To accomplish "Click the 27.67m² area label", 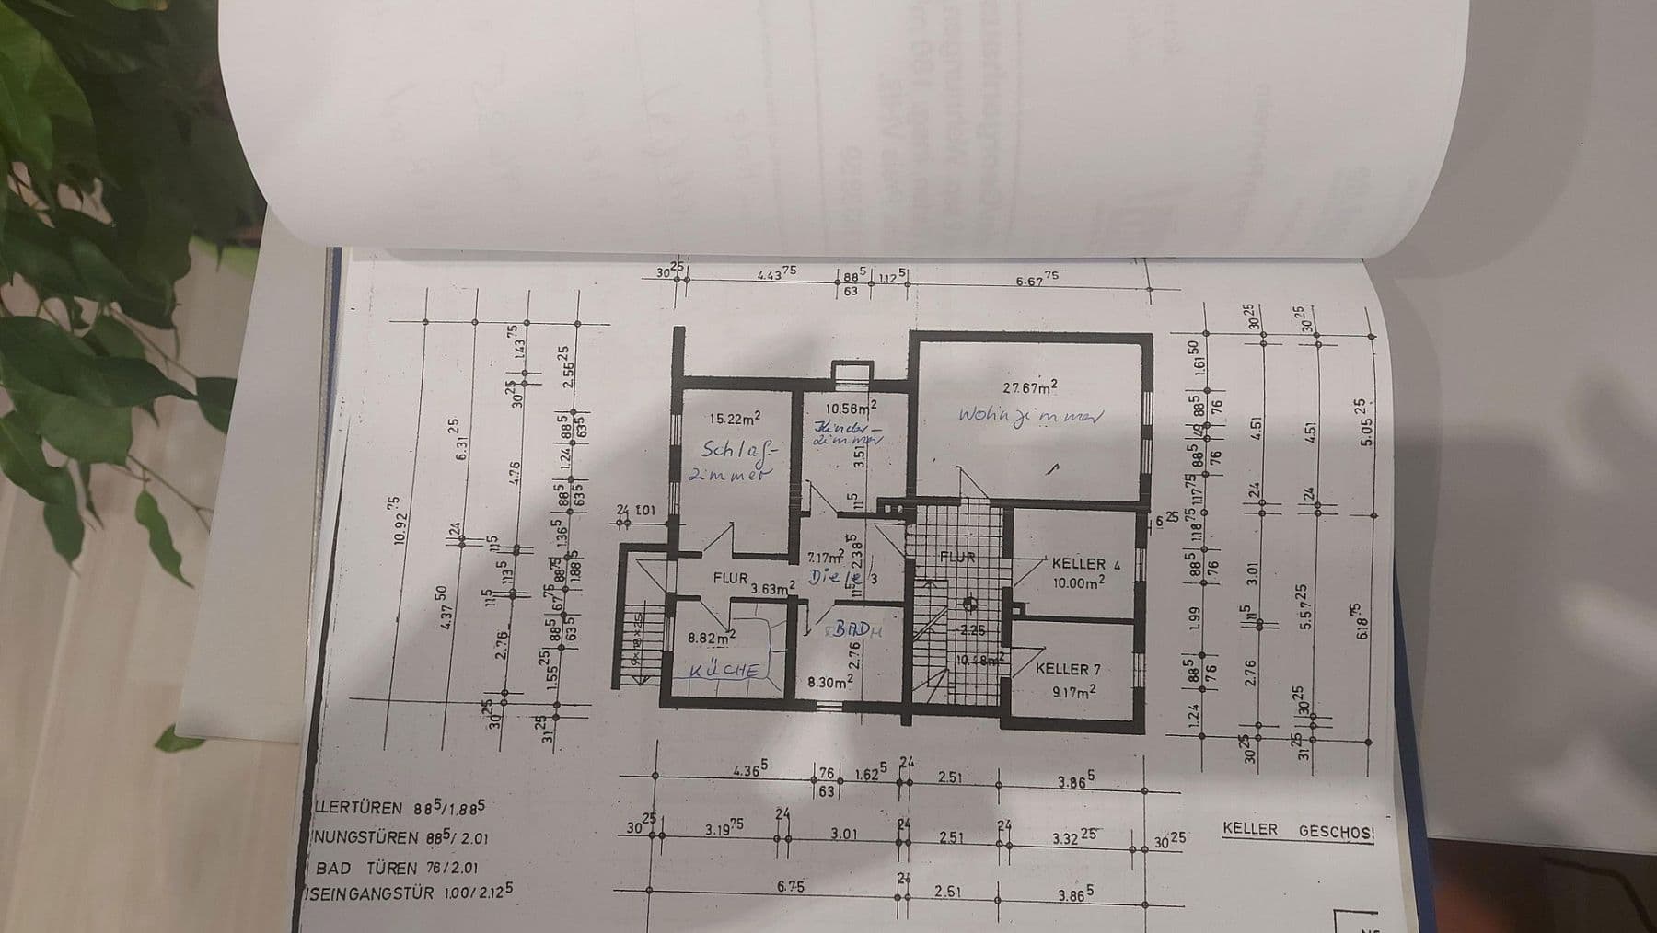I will (x=1029, y=387).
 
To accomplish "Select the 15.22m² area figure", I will (x=735, y=419).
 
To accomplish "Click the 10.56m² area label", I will (x=850, y=408).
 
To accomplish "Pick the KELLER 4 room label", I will (x=1085, y=563).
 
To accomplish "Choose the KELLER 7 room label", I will (x=1068, y=669).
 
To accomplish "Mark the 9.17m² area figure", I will (x=1072, y=690).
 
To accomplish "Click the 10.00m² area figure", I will (x=1079, y=582).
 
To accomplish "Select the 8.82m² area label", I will (x=711, y=636).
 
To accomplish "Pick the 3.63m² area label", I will (x=771, y=588).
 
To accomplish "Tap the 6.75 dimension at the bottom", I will (x=790, y=886).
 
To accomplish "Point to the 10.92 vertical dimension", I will (x=397, y=521).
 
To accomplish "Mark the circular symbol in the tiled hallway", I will (x=968, y=605).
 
